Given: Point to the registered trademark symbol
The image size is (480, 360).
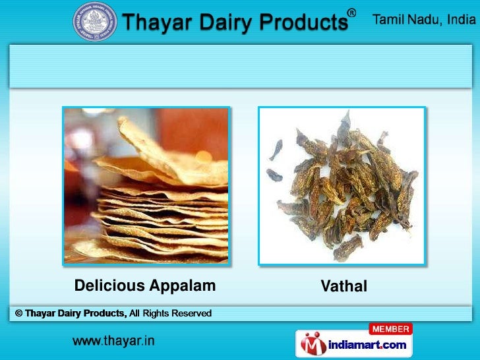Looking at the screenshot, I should click(352, 13).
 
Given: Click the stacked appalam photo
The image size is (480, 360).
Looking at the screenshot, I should click(146, 185).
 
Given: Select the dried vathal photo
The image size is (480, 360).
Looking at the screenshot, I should click(341, 185).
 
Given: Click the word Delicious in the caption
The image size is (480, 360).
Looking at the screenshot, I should click(109, 285).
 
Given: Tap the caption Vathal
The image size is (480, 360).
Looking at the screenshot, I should click(344, 286).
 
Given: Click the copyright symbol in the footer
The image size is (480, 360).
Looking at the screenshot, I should click(19, 313).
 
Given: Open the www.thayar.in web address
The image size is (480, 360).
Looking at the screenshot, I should click(113, 342).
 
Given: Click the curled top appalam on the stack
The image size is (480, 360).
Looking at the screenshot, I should click(171, 142).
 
